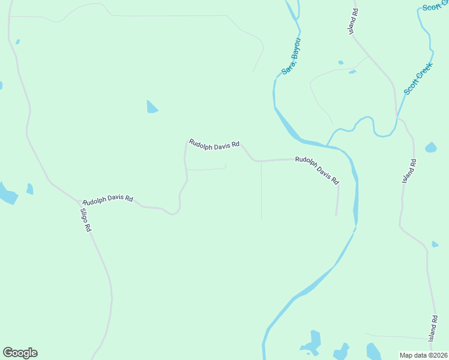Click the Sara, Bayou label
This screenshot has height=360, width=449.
click(291, 57)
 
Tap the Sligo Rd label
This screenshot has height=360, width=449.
click(86, 219)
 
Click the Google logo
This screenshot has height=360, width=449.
click(20, 353)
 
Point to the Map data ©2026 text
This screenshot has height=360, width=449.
click(423, 355)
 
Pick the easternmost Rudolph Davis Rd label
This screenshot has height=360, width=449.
click(317, 170)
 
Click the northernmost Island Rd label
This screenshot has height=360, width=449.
click(355, 20)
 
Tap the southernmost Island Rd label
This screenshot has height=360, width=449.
click(433, 329)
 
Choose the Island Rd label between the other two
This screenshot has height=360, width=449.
click(408, 171)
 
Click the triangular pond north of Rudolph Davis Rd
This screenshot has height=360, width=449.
click(151, 107)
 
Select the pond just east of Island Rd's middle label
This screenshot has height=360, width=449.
click(430, 147)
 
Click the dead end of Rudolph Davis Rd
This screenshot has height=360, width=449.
click(336, 214)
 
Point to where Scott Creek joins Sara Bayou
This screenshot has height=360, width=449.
click(327, 145)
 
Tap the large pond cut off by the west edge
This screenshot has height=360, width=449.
click(7, 193)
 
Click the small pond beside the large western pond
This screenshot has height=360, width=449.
click(29, 189)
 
